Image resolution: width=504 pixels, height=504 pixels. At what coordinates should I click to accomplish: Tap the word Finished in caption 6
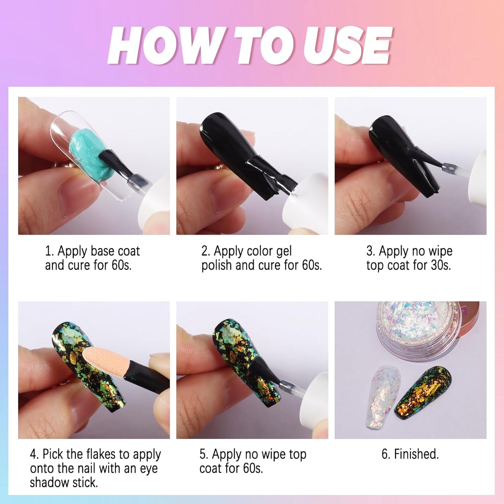coord(416,454)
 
